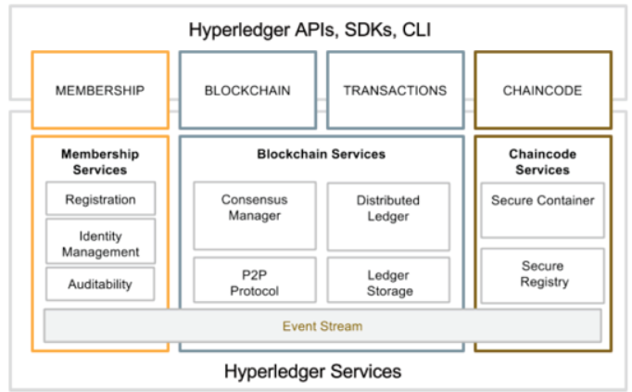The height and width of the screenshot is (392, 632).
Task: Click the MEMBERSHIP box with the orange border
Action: [x=100, y=90]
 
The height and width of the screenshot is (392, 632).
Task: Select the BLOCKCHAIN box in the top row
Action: [x=247, y=90]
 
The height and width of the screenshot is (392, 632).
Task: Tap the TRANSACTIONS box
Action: [x=396, y=90]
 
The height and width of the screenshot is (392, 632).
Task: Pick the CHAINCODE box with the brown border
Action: [x=543, y=90]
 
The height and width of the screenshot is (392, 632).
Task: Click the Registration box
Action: [x=100, y=198]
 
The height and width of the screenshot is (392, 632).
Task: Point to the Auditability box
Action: [x=100, y=284]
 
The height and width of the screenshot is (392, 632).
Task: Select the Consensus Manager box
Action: [x=255, y=216]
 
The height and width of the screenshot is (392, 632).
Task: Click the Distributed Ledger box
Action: [x=388, y=216]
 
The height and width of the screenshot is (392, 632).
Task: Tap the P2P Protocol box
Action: [x=255, y=280]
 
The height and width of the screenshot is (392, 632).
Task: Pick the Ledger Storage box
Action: [x=388, y=280]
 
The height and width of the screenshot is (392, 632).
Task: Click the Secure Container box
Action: [x=542, y=210]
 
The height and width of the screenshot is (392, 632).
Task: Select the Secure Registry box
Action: [x=542, y=275]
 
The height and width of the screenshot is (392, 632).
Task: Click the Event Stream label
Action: [x=322, y=326]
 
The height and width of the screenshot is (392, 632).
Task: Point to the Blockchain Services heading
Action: [x=322, y=154]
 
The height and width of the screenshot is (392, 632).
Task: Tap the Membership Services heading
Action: [x=100, y=161]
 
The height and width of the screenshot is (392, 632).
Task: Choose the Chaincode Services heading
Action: [x=542, y=161]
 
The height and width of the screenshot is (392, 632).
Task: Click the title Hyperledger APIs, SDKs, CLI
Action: [x=310, y=30]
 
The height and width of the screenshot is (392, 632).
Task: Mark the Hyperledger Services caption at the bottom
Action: [x=313, y=372]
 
